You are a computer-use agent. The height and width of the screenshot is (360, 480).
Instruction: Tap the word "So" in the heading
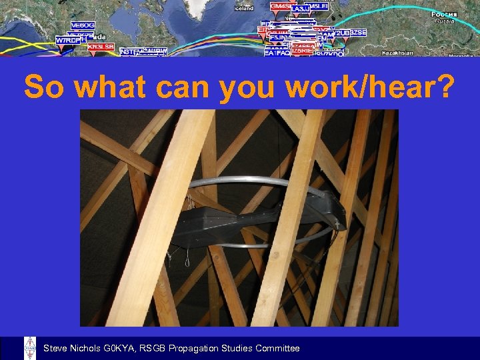45,86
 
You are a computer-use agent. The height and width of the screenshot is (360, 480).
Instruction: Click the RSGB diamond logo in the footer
30,348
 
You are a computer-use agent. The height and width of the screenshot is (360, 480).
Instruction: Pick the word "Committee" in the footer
277,349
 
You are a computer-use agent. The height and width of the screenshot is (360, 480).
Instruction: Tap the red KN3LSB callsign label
101,47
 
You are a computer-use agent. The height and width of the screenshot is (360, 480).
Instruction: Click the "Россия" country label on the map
443,14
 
